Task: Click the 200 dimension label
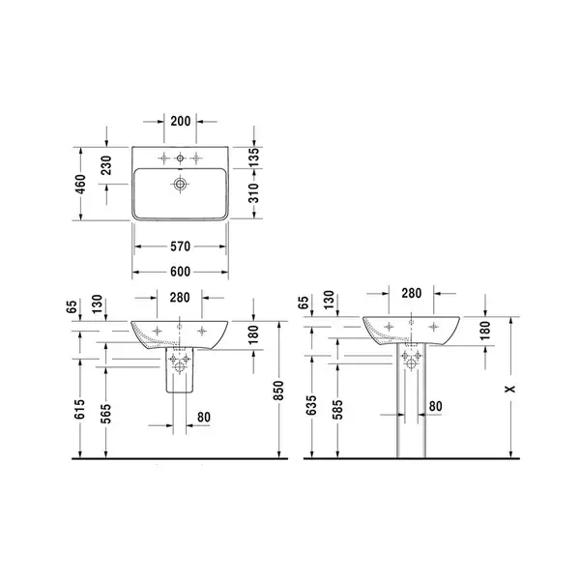(181, 121)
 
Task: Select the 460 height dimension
(80, 184)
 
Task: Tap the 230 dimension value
(105, 165)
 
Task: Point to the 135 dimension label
(253, 158)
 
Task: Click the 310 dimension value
(253, 192)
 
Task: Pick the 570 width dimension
(180, 246)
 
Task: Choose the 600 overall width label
(180, 272)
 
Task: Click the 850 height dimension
(278, 391)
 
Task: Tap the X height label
(510, 389)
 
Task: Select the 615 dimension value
(79, 409)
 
